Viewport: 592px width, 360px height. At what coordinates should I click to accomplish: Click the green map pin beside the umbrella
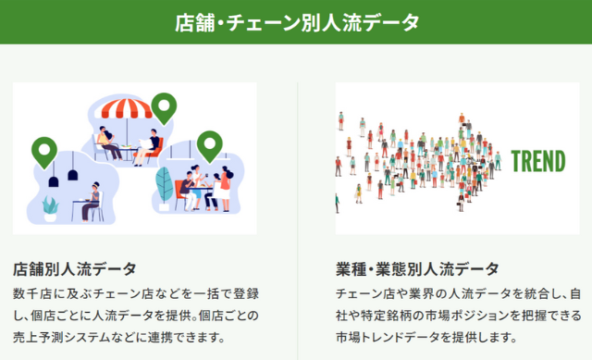coord(165,107)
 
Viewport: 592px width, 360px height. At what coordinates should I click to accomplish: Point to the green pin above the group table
coord(211,144)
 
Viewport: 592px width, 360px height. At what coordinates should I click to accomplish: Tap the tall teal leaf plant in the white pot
coord(165,186)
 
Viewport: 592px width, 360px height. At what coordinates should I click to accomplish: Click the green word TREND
coord(537,161)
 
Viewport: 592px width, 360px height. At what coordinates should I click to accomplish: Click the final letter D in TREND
coord(559,161)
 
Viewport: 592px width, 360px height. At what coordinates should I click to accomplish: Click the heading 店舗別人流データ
coord(75,269)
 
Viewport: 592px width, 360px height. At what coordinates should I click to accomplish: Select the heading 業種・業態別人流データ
coord(416,269)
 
